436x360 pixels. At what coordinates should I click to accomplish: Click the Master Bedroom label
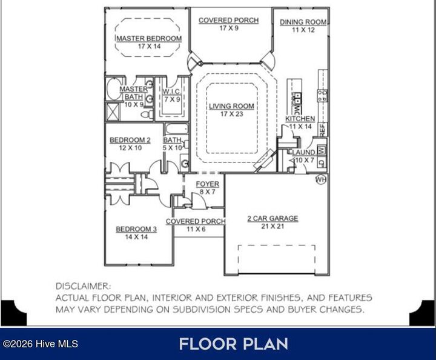[149, 38]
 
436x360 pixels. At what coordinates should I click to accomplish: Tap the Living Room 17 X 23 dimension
[231, 114]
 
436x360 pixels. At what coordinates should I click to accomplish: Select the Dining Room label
[303, 22]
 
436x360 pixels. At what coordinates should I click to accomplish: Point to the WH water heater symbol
[320, 180]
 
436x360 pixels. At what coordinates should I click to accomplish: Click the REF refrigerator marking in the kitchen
[323, 130]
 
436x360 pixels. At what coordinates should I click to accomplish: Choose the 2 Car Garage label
[272, 218]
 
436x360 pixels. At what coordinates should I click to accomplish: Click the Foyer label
[208, 184]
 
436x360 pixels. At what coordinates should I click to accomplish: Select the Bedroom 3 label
[136, 229]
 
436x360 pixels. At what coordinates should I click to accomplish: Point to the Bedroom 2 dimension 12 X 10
[130, 148]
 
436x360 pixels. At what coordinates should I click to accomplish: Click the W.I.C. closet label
[171, 92]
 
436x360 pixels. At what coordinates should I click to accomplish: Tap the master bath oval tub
[114, 88]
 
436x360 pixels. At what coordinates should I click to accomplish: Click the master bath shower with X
[113, 112]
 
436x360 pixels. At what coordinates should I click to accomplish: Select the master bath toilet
[147, 114]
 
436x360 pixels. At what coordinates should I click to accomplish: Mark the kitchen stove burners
[322, 95]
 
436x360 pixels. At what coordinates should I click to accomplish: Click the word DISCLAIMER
[83, 286]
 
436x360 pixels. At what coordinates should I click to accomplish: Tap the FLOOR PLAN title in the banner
[233, 344]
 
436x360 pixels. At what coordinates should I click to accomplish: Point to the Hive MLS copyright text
[41, 344]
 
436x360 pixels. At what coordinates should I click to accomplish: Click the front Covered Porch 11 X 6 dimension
[196, 229]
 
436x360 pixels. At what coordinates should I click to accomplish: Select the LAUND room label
[303, 153]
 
